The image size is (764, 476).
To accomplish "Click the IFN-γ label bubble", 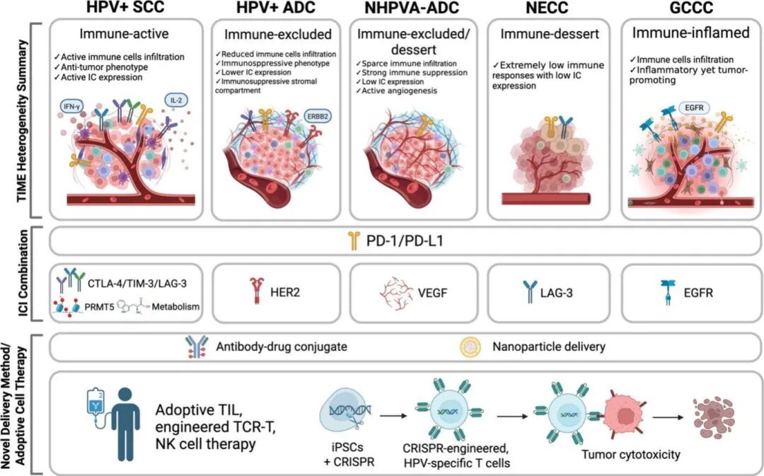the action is click(71, 105).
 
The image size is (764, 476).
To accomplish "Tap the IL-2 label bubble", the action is click(176, 100).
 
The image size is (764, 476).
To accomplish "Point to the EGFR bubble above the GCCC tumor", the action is click(695, 108).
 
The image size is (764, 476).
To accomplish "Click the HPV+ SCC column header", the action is click(125, 8).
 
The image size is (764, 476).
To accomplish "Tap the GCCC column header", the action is click(691, 8).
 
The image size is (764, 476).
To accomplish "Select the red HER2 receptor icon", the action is click(257, 291).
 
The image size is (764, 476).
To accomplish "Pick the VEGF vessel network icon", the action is click(396, 294).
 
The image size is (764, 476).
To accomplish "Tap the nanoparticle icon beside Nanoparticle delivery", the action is click(470, 347).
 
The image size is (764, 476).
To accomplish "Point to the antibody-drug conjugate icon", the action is click(197, 347).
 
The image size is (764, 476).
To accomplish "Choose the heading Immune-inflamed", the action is click(690, 33).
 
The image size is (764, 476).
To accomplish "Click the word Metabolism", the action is click(175, 307).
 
